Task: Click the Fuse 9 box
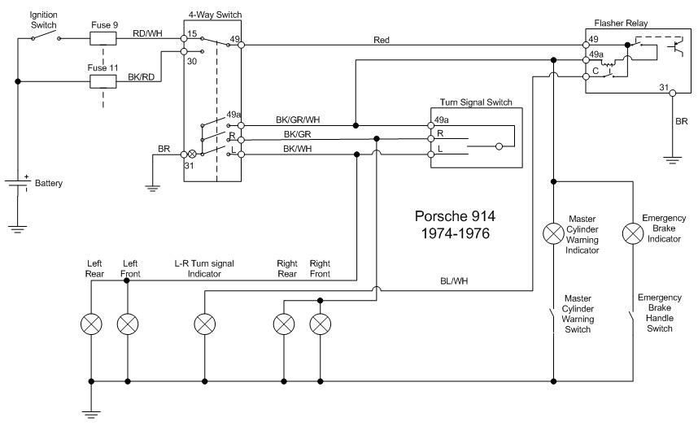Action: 103,37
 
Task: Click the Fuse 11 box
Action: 103,81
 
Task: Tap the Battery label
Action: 48,184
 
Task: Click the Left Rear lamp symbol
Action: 92,324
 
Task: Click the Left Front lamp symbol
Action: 129,324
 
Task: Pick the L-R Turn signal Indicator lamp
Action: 203,324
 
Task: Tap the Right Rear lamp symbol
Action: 283,324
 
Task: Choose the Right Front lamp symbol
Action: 321,324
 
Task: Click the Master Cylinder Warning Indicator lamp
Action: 553,234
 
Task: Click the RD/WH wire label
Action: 146,33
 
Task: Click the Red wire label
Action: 381,39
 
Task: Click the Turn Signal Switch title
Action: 476,102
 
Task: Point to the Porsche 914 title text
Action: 455,217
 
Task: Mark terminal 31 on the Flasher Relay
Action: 663,88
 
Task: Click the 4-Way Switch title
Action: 215,15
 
